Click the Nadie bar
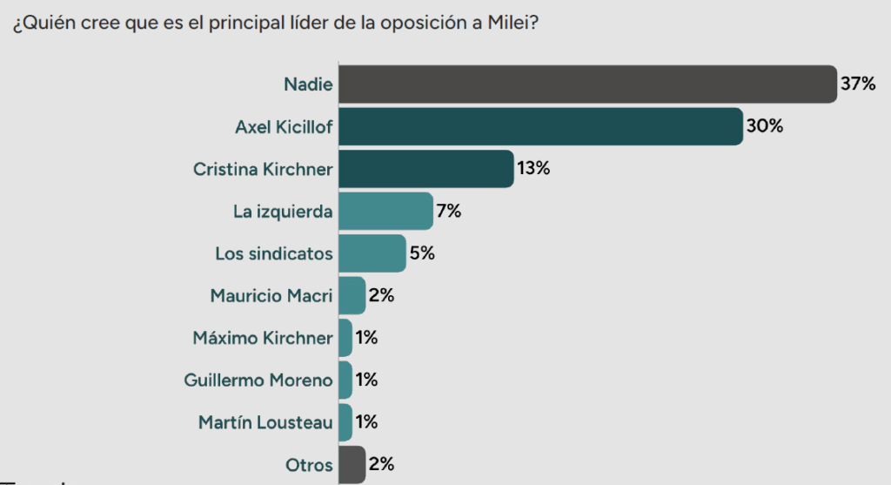[586, 84]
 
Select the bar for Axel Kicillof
[539, 126]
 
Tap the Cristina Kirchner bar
[425, 169]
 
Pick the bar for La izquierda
[385, 211]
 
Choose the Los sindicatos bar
[372, 253]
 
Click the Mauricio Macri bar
[352, 295]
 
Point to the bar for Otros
[352, 464]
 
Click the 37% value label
[857, 84]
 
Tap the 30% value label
[765, 126]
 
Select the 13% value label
[533, 169]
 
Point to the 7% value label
[449, 211]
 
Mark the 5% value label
[422, 253]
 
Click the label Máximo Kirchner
[263, 338]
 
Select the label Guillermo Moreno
[258, 380]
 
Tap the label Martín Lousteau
[265, 422]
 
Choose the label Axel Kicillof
[284, 127]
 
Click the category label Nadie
[308, 84]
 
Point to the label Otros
[309, 465]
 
